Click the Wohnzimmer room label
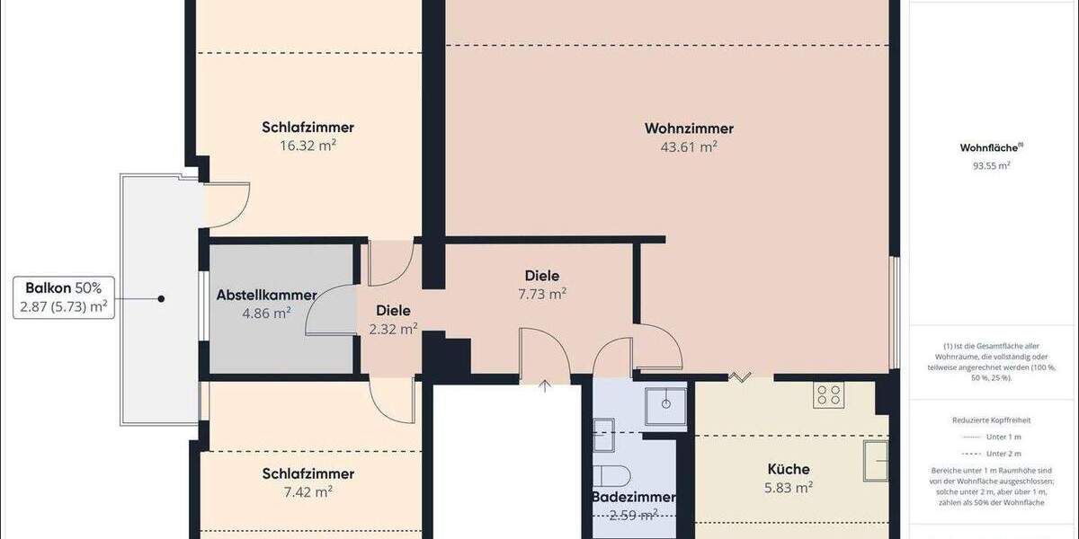click(x=689, y=128)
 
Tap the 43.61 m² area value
click(x=689, y=147)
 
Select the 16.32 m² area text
click(x=308, y=145)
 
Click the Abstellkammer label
click(x=266, y=295)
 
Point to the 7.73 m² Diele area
click(x=542, y=294)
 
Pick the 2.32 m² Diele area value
click(x=393, y=329)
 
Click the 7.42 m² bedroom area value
click(x=308, y=491)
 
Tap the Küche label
click(x=788, y=469)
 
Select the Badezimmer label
click(x=633, y=497)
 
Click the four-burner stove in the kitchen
click(x=826, y=394)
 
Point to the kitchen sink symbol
click(x=875, y=462)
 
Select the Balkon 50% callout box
click(x=64, y=298)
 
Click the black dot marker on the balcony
click(x=161, y=298)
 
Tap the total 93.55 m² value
click(x=992, y=165)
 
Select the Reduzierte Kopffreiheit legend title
click(x=992, y=420)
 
